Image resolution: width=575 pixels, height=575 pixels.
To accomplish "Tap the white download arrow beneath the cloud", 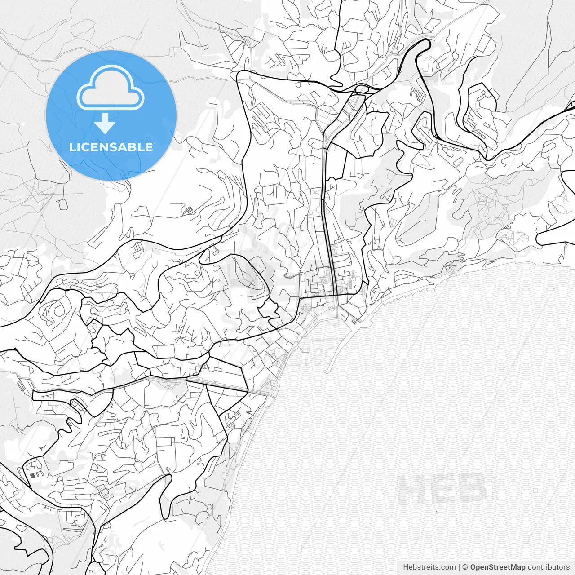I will (105, 124).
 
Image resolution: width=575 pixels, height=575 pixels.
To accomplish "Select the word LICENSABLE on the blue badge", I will (111, 147).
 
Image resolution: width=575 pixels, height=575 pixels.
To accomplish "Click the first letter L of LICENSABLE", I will (72, 147).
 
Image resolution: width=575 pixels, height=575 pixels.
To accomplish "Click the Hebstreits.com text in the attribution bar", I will (429, 567).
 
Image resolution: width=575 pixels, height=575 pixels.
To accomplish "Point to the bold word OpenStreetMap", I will (498, 567).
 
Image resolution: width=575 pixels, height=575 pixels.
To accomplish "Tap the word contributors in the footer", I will (548, 567).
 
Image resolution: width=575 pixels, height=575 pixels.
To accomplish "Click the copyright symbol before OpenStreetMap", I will (465, 567).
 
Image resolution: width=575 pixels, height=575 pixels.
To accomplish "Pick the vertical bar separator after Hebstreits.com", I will (459, 567).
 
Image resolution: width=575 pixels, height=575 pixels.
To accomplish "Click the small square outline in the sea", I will (535, 491).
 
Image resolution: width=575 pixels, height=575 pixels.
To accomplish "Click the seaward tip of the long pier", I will (326, 372).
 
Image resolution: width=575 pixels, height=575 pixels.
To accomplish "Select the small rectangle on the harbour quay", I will (354, 321).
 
